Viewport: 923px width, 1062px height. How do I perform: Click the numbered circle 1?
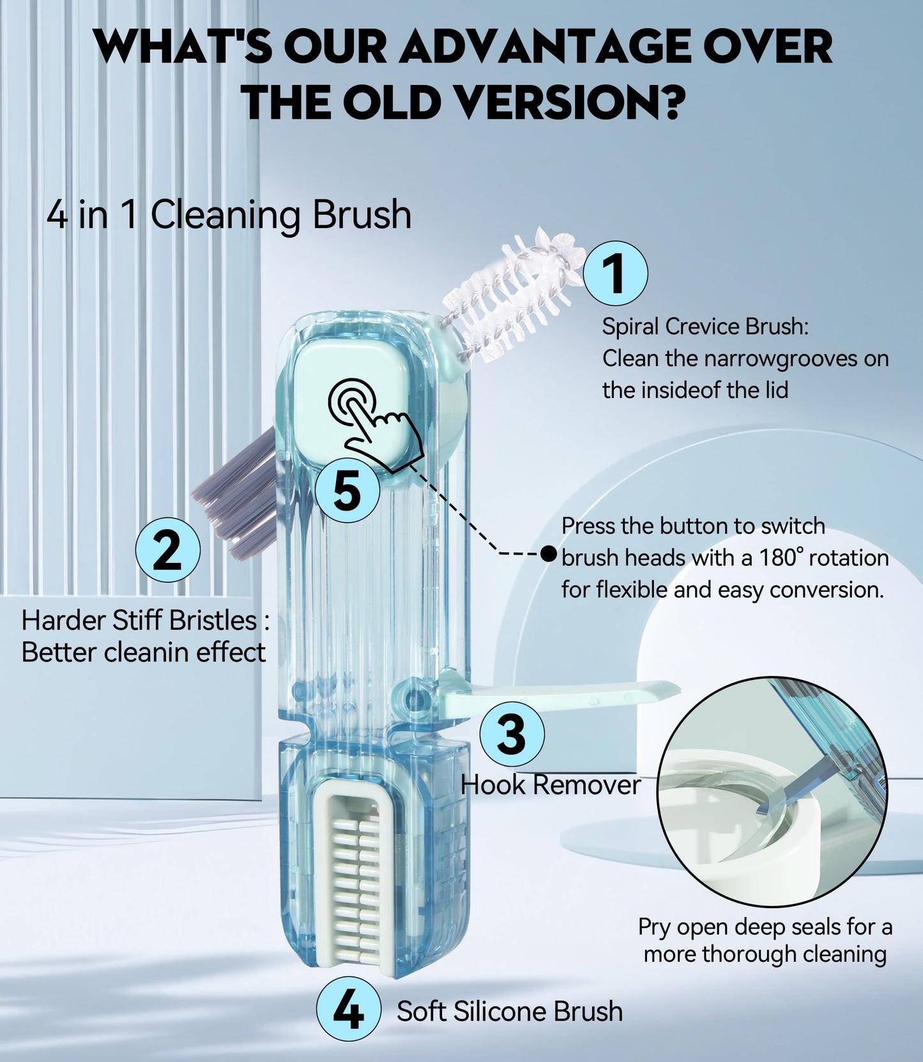tap(616, 273)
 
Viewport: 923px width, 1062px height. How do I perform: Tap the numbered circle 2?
tap(168, 549)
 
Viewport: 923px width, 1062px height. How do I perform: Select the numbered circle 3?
tap(512, 733)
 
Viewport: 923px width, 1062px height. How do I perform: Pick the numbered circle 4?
tap(349, 1011)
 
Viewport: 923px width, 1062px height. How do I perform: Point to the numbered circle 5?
tap(347, 490)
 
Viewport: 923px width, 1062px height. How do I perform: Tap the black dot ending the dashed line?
tap(548, 553)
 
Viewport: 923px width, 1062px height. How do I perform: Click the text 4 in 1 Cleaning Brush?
tap(229, 215)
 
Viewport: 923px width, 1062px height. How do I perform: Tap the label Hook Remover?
tap(550, 785)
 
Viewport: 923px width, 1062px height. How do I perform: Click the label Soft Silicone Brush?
tap(509, 1011)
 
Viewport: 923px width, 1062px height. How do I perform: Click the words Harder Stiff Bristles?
tap(139, 620)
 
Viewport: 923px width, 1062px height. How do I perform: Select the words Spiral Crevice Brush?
tap(705, 327)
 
